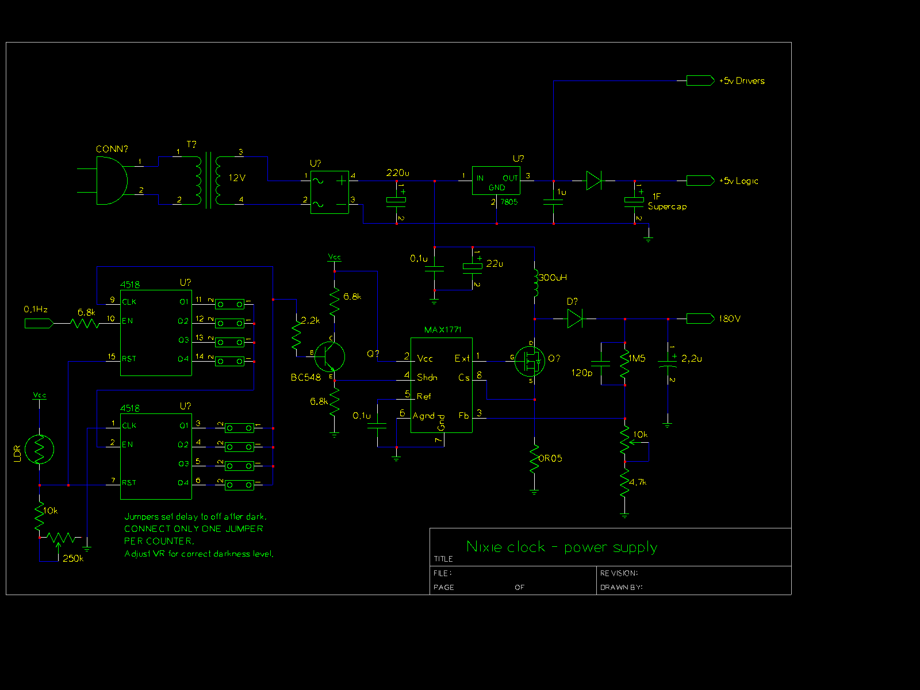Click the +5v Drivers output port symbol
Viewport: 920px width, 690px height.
700,81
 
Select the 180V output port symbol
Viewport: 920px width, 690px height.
700,319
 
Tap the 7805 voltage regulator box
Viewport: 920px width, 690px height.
496,181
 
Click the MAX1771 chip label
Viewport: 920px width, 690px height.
443,329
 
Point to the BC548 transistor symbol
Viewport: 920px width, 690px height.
329,356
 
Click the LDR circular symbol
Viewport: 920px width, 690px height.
40,450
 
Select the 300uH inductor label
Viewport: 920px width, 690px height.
553,278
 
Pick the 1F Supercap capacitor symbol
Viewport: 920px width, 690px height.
634,200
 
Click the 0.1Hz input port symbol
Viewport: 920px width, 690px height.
39,324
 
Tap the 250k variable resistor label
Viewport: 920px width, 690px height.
73,558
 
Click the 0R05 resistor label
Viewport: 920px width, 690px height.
550,458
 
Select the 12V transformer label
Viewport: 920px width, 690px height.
237,178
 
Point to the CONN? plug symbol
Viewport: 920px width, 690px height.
111,181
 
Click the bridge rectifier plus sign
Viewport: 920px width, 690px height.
342,181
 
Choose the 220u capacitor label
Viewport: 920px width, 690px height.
397,172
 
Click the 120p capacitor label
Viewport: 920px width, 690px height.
581,373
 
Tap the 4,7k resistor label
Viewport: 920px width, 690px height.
638,482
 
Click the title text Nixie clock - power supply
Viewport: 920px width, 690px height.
562,547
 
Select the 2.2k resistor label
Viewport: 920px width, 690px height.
310,320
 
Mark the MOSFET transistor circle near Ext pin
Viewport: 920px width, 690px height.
530,361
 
